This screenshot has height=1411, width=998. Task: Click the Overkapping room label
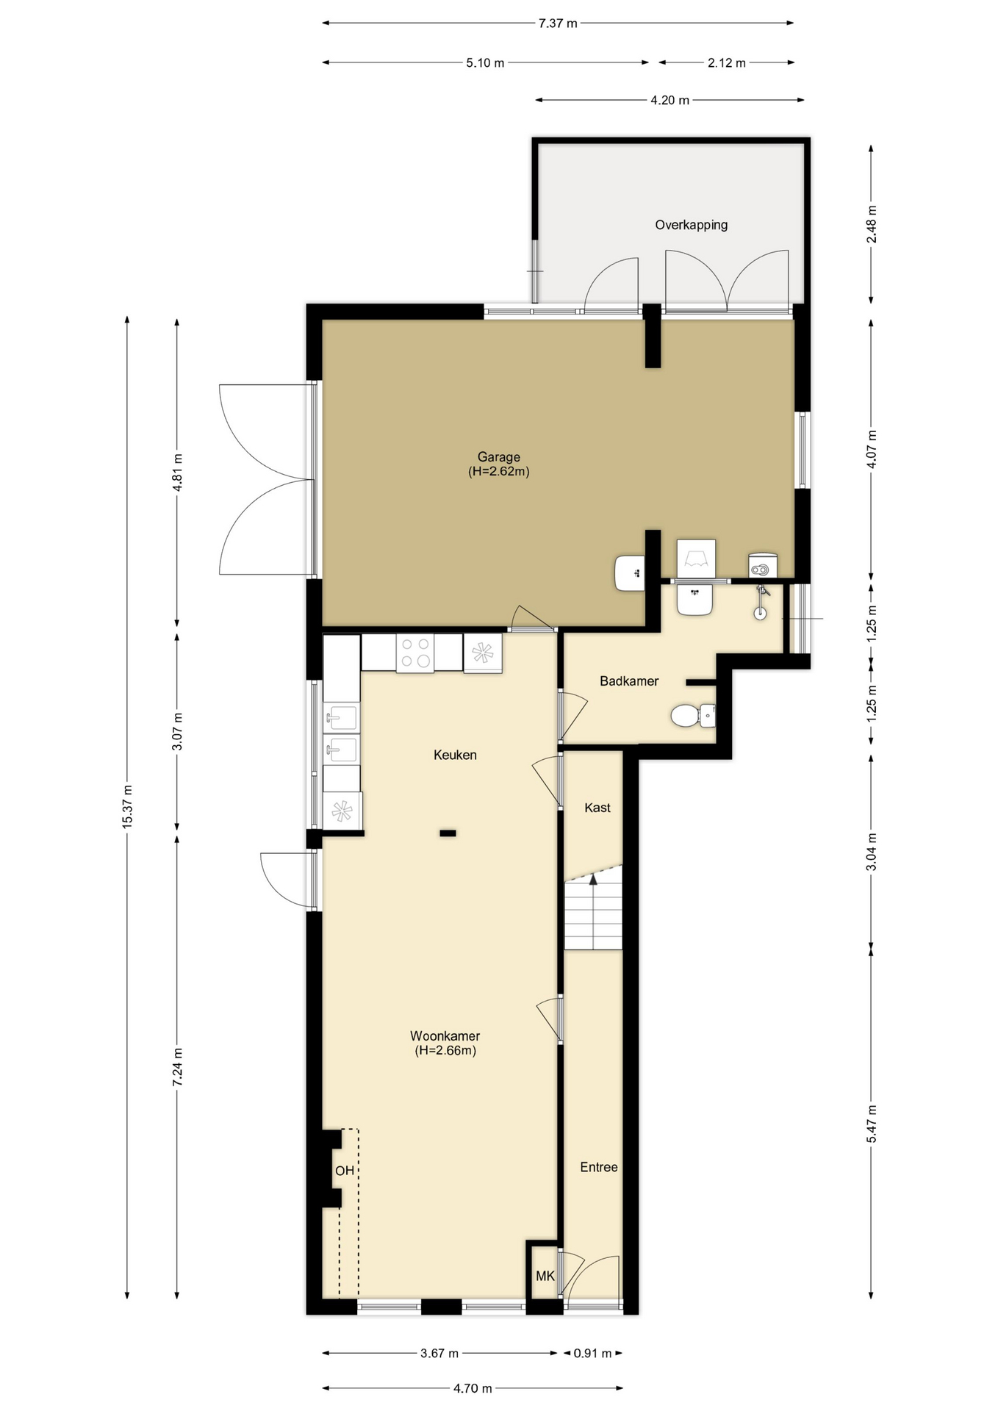(691, 225)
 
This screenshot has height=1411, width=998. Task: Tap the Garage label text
(498, 457)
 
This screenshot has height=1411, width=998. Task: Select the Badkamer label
(629, 681)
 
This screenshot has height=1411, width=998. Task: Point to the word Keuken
(455, 755)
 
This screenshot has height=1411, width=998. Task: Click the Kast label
(597, 808)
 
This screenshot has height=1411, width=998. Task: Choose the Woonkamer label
(445, 1036)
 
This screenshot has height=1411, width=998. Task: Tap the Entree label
(599, 1167)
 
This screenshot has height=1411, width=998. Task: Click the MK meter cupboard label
(545, 1277)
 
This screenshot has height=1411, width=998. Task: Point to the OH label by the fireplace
(345, 1171)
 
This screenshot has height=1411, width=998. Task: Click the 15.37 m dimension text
(127, 807)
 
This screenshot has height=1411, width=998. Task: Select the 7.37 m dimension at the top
(558, 23)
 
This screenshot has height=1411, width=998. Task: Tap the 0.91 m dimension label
(592, 1353)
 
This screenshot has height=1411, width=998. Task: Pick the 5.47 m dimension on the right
(872, 1124)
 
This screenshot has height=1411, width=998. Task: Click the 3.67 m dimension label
(439, 1353)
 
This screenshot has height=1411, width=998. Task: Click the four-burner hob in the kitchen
(414, 653)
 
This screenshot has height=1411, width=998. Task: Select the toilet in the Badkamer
(693, 716)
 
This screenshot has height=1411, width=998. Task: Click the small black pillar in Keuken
(448, 833)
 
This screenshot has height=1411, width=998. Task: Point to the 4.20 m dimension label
(669, 100)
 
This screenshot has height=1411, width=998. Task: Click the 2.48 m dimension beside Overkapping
(872, 224)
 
